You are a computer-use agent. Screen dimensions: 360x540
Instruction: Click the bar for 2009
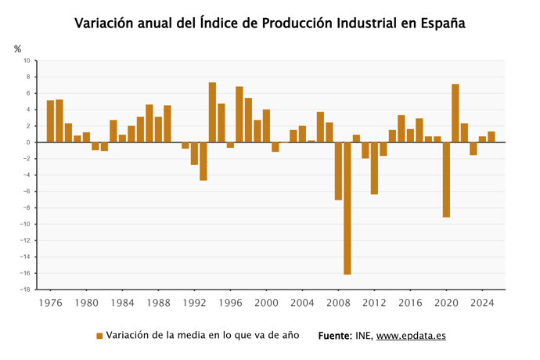347,208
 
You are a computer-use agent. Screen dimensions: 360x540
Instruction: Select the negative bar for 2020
446,179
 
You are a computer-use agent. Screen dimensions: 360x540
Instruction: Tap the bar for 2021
455,113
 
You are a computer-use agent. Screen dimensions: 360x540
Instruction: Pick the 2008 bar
338,171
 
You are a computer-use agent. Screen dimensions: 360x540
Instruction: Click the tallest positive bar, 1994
212,113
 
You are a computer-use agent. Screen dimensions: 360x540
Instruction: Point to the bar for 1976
50,121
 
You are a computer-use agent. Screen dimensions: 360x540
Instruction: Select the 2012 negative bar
374,168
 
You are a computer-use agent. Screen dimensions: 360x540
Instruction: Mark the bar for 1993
203,161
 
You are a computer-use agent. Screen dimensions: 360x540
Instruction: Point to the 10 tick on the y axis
27,60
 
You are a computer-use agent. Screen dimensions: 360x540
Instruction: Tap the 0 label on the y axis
28,142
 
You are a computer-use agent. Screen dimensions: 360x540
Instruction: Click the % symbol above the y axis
18,49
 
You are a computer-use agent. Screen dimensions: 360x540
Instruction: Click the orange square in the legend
99,336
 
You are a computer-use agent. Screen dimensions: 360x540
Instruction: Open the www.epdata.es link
411,336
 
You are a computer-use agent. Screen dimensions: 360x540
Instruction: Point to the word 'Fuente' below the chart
334,336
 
